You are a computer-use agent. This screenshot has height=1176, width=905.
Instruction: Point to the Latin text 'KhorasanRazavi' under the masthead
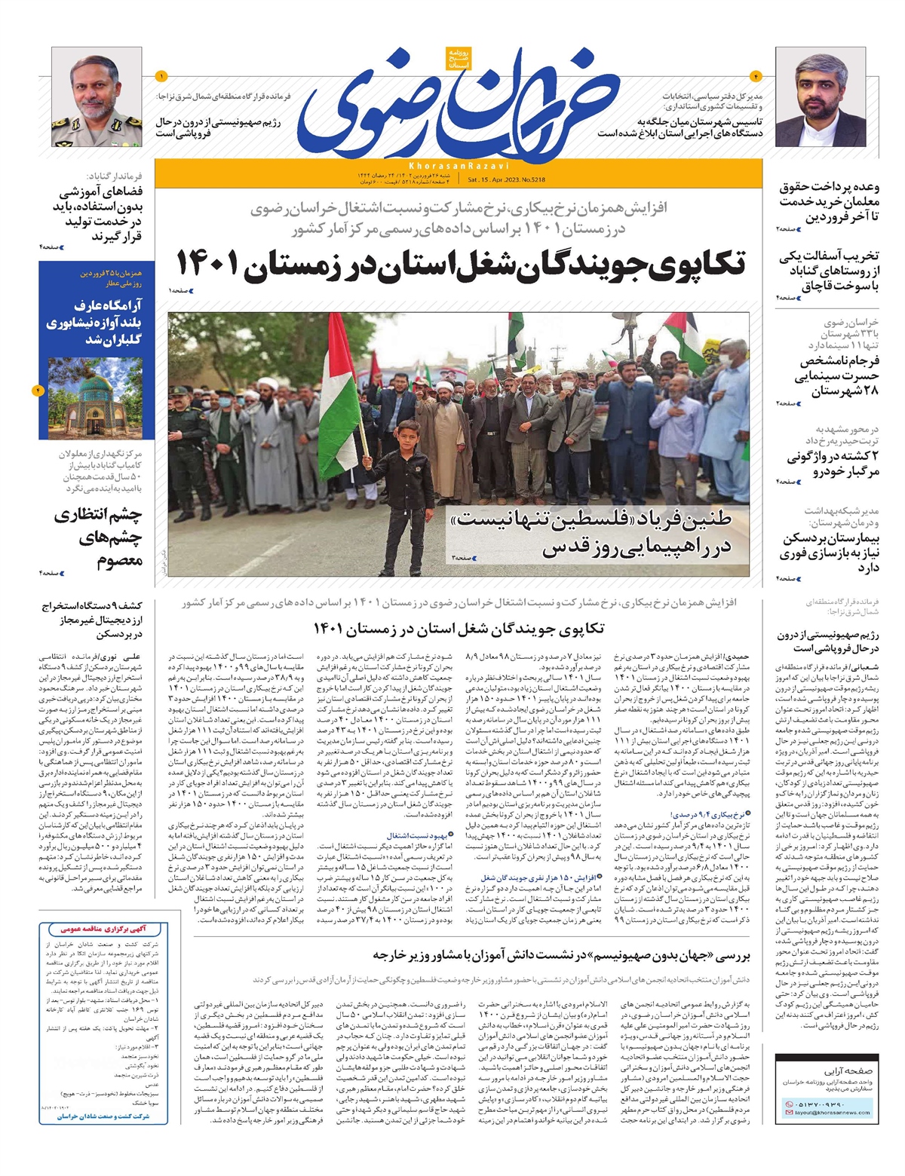pyautogui.click(x=459, y=165)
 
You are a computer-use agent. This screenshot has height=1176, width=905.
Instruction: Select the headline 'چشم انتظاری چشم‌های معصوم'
pyautogui.click(x=98, y=537)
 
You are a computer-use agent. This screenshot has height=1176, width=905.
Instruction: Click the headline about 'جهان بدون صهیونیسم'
pyautogui.click(x=561, y=955)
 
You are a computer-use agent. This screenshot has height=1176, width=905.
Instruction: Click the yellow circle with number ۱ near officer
pyautogui.click(x=161, y=76)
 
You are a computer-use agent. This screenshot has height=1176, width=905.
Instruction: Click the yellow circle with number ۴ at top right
pyautogui.click(x=755, y=76)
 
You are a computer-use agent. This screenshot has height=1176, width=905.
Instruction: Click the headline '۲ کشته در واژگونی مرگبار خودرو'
pyautogui.click(x=833, y=464)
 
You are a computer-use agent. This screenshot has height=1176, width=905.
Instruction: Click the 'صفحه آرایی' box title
pyautogui.click(x=848, y=1070)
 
